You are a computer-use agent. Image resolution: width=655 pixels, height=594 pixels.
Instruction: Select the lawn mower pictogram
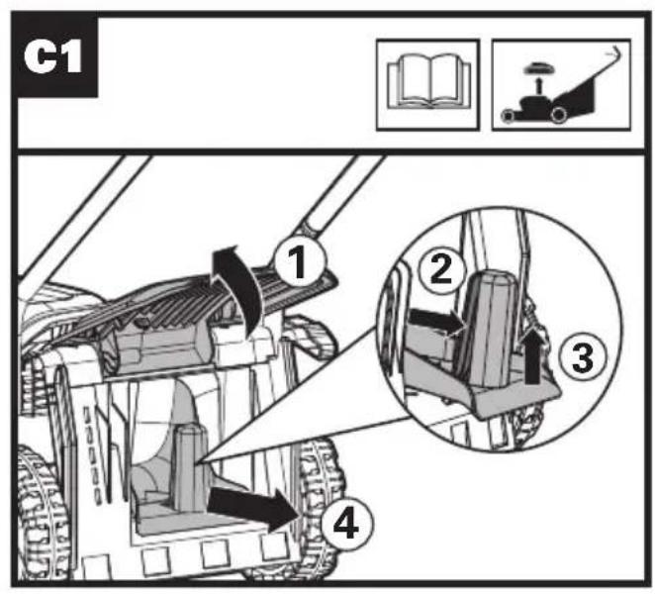point(559,84)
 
